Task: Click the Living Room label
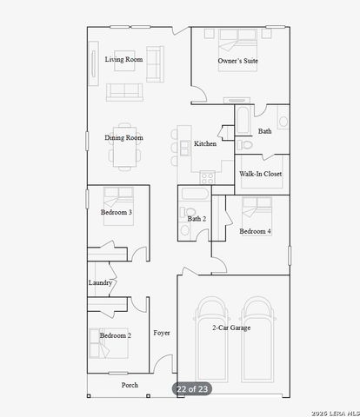pyautogui.click(x=124, y=60)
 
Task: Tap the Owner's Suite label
pyautogui.click(x=237, y=61)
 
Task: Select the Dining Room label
pyautogui.click(x=124, y=137)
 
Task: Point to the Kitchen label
pyautogui.click(x=205, y=144)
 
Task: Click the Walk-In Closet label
pyautogui.click(x=260, y=174)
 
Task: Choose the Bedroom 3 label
pyautogui.click(x=116, y=213)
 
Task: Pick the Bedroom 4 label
pyautogui.click(x=255, y=231)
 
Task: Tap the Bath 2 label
pyautogui.click(x=197, y=218)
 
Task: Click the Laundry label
pyautogui.click(x=100, y=282)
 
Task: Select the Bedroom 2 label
pyautogui.click(x=115, y=335)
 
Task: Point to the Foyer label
pyautogui.click(x=162, y=333)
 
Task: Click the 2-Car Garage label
pyautogui.click(x=231, y=328)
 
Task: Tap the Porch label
pyautogui.click(x=130, y=385)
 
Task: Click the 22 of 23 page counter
pyautogui.click(x=191, y=388)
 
